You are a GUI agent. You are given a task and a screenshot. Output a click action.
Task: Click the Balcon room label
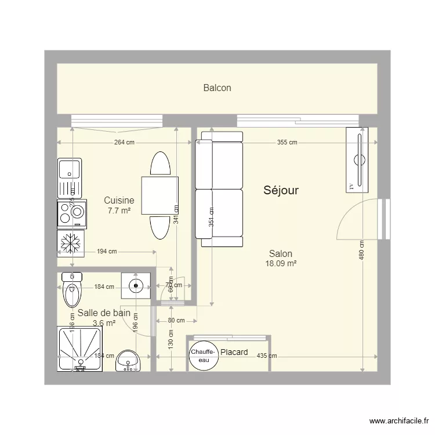pyautogui.click(x=217, y=88)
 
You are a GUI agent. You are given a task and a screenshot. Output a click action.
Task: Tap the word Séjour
pyautogui.click(x=281, y=190)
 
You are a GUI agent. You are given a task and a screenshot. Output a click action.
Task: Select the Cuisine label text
pyautogui.click(x=119, y=201)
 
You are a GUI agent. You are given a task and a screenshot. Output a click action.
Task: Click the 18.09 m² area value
pyautogui.click(x=281, y=263)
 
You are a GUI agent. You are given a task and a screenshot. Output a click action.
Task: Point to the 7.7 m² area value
pyautogui.click(x=119, y=211)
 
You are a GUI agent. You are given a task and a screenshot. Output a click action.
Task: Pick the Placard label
pyautogui.click(x=234, y=352)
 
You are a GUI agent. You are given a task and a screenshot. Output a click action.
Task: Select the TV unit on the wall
pyautogui.click(x=357, y=159)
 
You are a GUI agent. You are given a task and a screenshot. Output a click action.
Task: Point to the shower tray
pyautogui.click(x=80, y=349)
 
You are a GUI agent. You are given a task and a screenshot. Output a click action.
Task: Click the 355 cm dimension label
pyautogui.click(x=287, y=142)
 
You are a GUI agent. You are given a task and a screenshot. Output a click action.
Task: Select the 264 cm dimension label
pyautogui.click(x=124, y=142)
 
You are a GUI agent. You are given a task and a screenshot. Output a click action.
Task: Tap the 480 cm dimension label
pyautogui.click(x=361, y=250)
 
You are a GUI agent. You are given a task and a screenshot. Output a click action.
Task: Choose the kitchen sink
pyautogui.click(x=70, y=179)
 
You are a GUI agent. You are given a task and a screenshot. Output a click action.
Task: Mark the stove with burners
pyautogui.click(x=71, y=214)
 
